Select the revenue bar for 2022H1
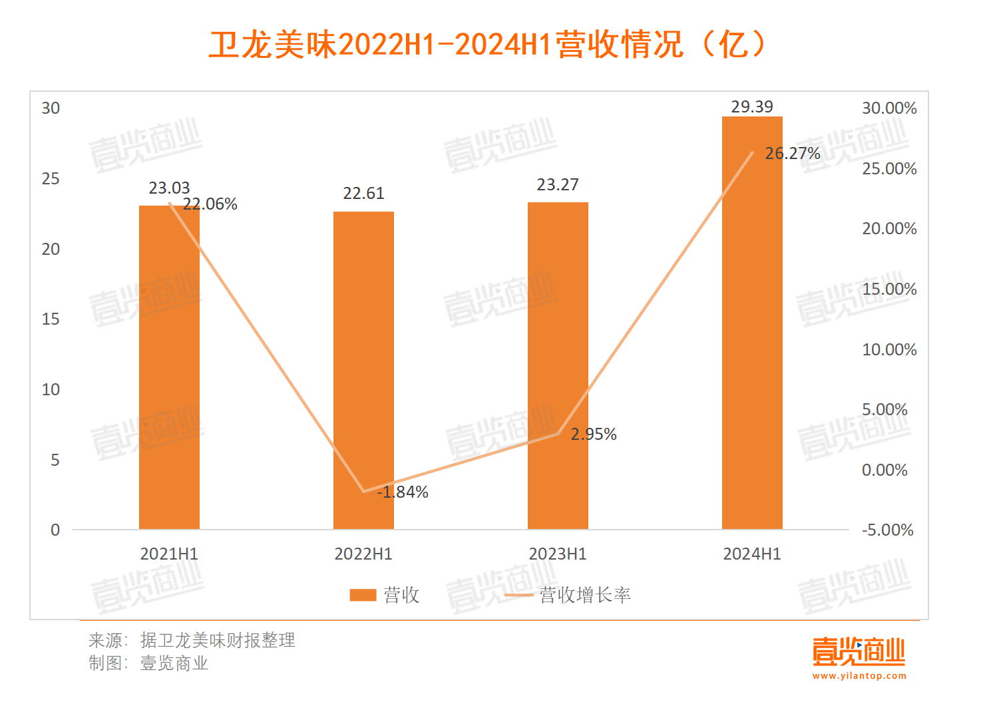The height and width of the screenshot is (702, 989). pos(363,370)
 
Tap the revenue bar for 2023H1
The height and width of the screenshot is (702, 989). pos(558,365)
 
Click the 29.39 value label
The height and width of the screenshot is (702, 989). pos(752,106)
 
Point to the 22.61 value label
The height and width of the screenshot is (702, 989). pos(363,194)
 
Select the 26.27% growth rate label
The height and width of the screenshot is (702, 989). pos(793,154)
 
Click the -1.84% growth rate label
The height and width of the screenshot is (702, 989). pos(403,492)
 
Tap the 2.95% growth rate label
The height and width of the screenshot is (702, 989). pos(594,435)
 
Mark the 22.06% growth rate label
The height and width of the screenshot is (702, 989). pos(210,204)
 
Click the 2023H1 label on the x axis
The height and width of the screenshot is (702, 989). pos(558,554)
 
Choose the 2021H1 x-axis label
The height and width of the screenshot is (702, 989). pos(169,554)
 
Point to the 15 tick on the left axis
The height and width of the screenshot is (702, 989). pos(51,319)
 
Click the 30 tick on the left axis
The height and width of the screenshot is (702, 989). pos(51,108)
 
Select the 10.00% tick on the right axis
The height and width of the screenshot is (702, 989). pos(889,349)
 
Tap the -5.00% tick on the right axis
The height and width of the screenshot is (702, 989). pos(888,530)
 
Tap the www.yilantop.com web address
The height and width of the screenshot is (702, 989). pos(859,676)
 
